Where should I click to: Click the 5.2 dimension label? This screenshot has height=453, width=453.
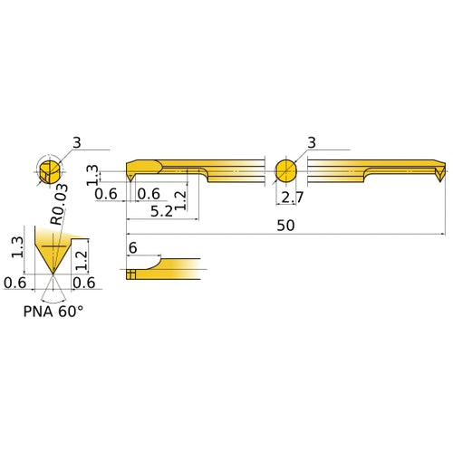161,211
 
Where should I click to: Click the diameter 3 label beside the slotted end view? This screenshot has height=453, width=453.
77,142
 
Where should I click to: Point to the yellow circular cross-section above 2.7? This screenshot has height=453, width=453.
286,170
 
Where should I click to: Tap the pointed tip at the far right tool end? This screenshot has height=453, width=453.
439,179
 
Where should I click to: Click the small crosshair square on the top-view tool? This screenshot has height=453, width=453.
132,272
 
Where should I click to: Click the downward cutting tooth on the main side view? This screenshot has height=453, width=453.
130,178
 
